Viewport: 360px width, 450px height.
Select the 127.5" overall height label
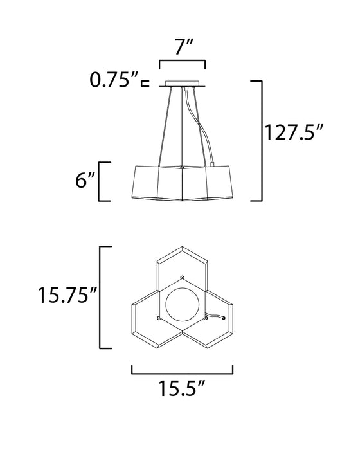[x=293, y=132]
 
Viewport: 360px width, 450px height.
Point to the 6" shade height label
[x=85, y=180]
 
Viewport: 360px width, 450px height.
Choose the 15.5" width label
[x=182, y=388]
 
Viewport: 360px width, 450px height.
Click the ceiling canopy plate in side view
[x=183, y=84]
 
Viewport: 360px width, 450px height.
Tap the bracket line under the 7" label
[x=183, y=61]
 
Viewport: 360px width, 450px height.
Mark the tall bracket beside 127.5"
[x=262, y=141]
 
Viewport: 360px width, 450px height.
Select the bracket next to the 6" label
[x=100, y=181]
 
